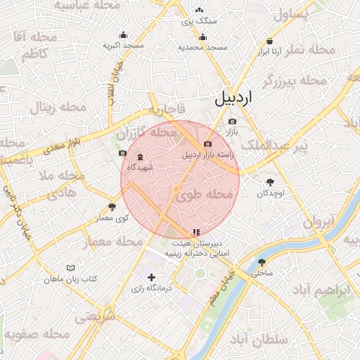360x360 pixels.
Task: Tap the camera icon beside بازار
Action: click(233, 121)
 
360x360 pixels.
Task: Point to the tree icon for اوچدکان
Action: click(270, 182)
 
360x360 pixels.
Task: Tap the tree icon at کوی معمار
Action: click(112, 207)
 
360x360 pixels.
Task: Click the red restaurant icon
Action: click(195, 231)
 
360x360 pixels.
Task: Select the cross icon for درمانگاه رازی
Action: click(150, 278)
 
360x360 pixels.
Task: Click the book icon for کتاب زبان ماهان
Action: click(70, 268)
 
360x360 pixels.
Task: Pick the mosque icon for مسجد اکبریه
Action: click(124, 35)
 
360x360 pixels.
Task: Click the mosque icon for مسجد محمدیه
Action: click(202, 38)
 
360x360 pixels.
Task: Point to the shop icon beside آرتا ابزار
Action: click(270, 41)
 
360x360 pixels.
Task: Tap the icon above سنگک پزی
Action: click(200, 11)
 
